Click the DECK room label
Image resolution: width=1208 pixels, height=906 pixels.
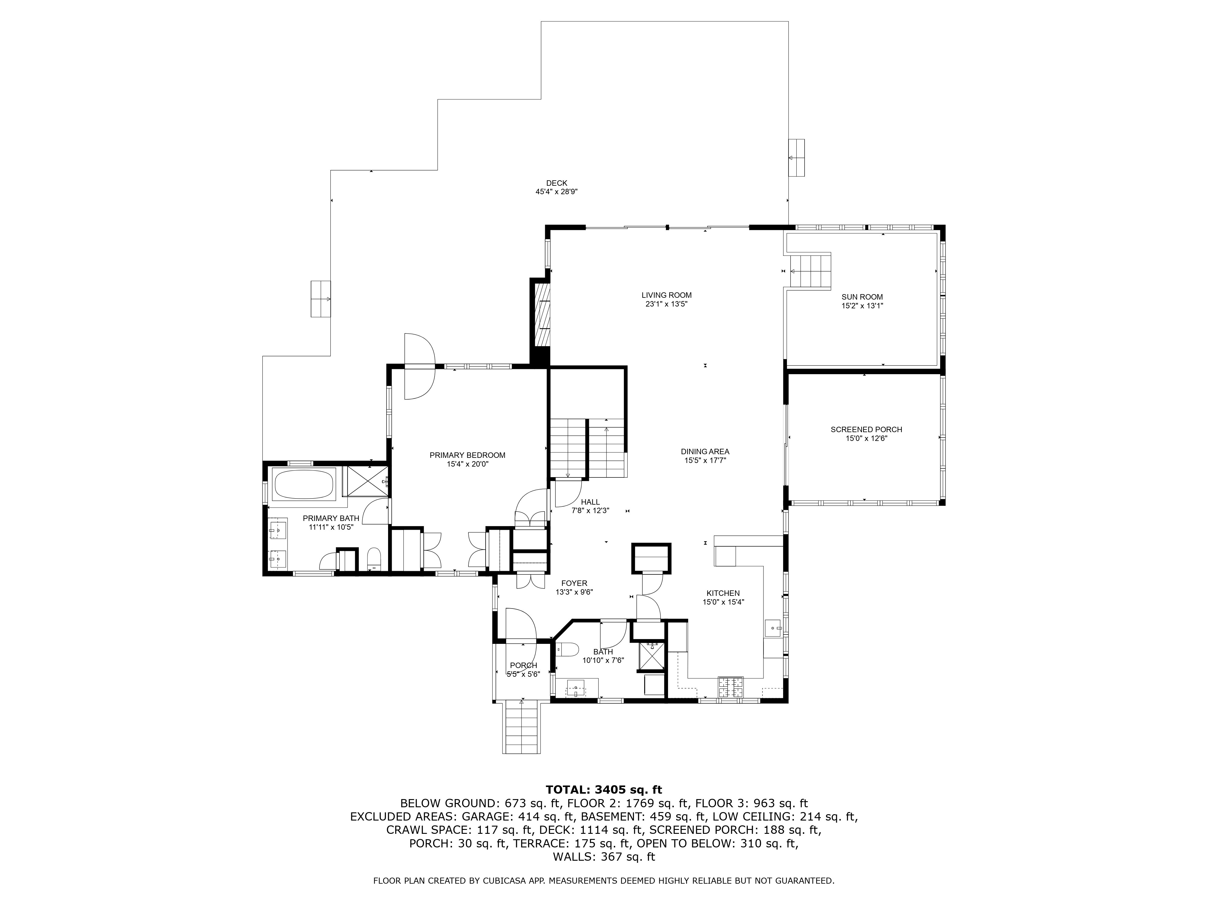click(x=557, y=183)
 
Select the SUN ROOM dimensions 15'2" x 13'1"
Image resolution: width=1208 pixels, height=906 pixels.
click(x=862, y=306)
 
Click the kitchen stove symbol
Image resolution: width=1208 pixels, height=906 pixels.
click(x=731, y=687)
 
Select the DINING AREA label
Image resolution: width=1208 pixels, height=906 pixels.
click(x=705, y=451)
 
